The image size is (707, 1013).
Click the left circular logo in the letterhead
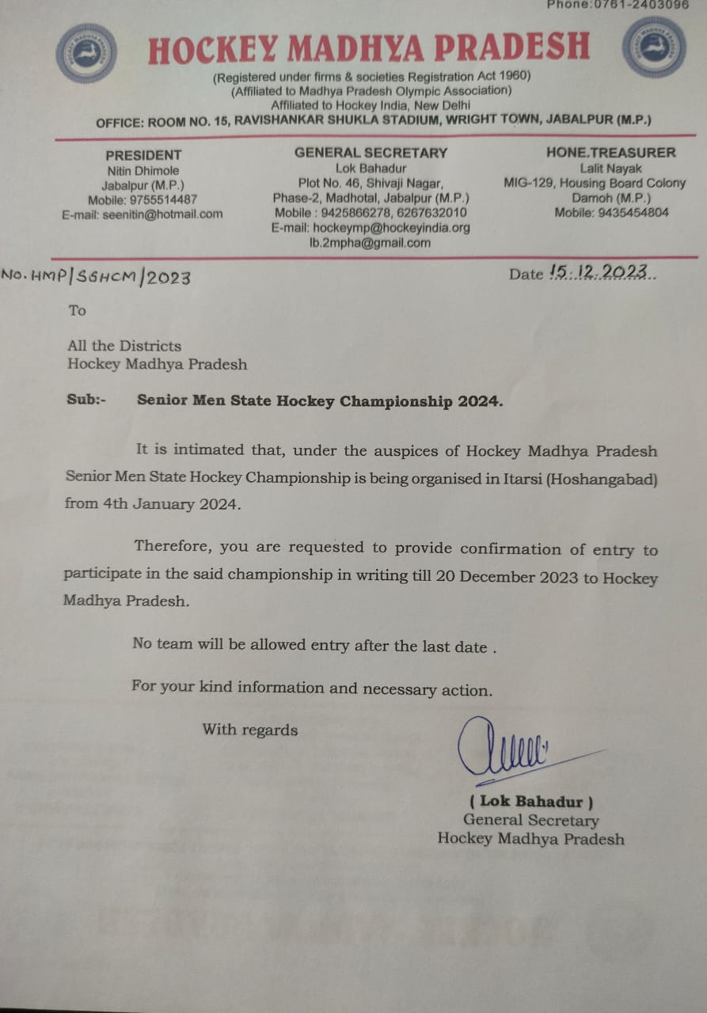[87, 54]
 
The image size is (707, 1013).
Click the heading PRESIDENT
[143, 155]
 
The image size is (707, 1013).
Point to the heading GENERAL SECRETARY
[371, 153]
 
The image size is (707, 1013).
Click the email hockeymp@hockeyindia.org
[371, 227]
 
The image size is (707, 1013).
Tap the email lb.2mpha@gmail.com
[370, 243]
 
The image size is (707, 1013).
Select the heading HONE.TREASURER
[610, 152]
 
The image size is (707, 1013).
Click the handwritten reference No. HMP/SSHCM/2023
[96, 276]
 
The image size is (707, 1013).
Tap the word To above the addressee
[77, 310]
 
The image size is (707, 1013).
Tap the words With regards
[250, 730]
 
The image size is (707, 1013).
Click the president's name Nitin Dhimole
[143, 170]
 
